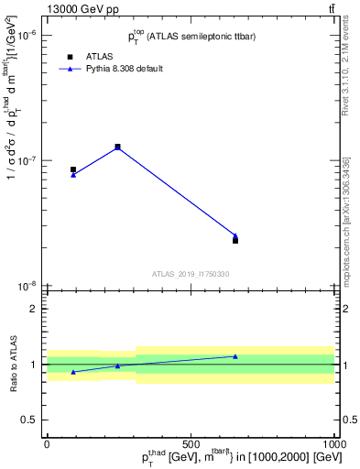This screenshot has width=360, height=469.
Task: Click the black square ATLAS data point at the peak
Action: pos(117,147)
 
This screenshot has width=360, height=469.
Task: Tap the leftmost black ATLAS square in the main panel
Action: pos(73,169)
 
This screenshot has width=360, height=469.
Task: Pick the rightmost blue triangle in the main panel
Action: pos(235,235)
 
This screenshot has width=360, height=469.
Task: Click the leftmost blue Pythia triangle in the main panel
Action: pos(73,174)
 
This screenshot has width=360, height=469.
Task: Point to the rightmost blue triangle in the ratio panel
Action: pos(235,356)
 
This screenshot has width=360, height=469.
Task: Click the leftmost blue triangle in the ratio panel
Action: pos(73,372)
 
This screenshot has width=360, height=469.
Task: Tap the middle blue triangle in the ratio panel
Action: pos(117,365)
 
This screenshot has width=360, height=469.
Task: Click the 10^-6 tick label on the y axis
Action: pos(28,35)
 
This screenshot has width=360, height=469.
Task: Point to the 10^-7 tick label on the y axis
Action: pos(28,160)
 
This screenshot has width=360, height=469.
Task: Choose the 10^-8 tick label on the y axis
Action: pos(28,286)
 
